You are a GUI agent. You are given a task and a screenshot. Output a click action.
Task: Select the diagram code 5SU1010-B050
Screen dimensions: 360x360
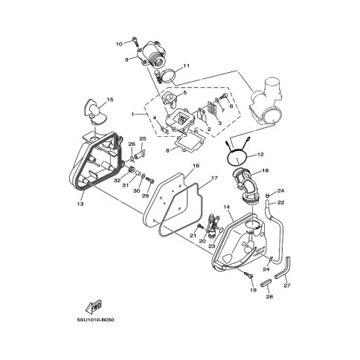[95, 320]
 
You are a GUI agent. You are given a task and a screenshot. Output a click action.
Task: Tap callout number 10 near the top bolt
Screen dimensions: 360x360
[119, 44]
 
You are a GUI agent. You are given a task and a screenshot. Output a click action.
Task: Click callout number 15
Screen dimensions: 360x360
[110, 100]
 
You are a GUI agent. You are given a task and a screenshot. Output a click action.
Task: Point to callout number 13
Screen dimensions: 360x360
[80, 204]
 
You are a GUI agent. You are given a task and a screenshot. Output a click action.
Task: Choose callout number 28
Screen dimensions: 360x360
[269, 296]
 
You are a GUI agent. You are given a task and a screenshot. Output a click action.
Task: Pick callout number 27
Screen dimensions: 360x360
[287, 286]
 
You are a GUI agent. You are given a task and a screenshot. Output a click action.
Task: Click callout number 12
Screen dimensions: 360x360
[260, 155]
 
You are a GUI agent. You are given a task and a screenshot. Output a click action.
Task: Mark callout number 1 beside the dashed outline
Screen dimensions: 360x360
[132, 115]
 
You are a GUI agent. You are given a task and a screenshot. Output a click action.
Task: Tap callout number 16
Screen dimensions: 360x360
[196, 165]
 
